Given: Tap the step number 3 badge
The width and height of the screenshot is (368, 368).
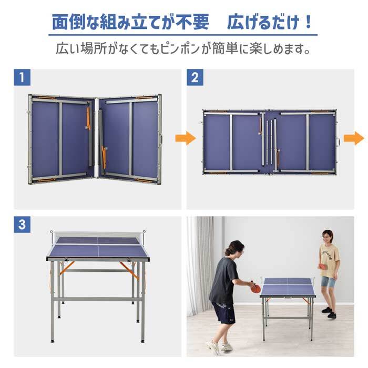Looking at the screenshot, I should pyautogui.click(x=22, y=225).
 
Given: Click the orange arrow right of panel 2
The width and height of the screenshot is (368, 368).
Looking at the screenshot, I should pyautogui.click(x=354, y=138).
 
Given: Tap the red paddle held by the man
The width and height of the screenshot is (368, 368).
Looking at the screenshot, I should pyautogui.click(x=255, y=288).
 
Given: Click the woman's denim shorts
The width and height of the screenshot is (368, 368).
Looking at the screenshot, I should pyautogui.click(x=329, y=282).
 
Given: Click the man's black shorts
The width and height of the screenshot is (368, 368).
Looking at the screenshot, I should pyautogui.click(x=223, y=313).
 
